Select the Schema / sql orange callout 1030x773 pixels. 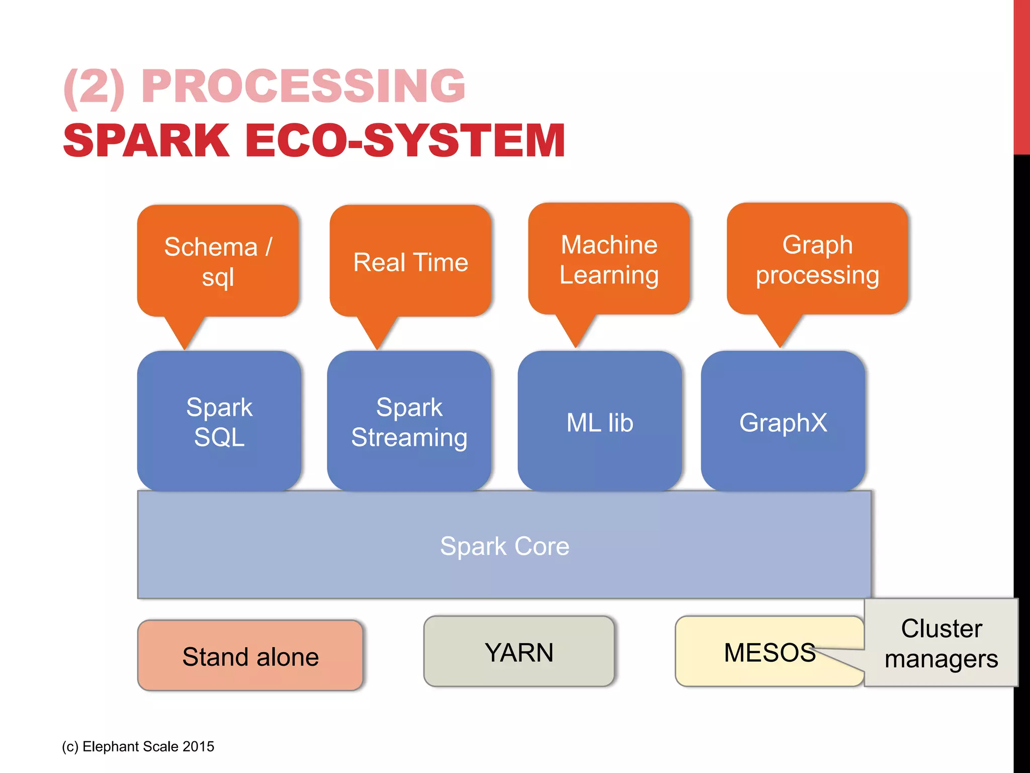point(218,261)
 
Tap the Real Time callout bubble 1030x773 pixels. point(410,262)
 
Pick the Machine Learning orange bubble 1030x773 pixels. point(609,259)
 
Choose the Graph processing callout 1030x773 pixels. point(817,259)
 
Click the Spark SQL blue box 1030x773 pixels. point(219,421)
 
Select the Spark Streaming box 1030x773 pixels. point(409,421)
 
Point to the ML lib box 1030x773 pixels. point(599,422)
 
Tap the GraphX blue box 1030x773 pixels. point(783,422)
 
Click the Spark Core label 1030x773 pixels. point(504,546)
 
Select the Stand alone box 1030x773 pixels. point(250,656)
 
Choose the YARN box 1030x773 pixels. point(519,652)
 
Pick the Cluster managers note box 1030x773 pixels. point(941,643)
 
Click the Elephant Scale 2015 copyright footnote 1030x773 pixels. point(138,746)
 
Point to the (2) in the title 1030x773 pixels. point(94,87)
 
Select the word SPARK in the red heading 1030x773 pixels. point(146,141)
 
